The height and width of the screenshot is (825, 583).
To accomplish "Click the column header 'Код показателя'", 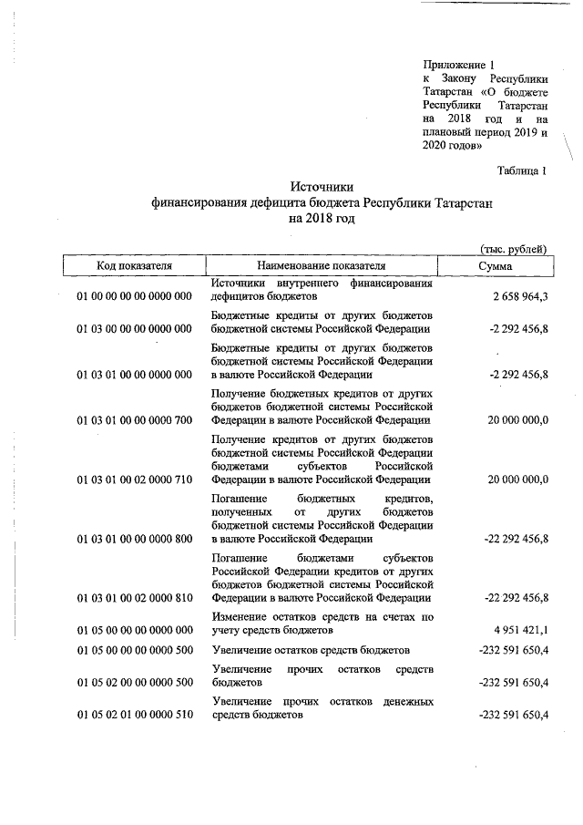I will click(135, 265).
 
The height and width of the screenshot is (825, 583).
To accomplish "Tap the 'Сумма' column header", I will click(495, 265).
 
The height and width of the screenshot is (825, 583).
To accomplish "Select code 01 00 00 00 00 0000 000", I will click(135, 297).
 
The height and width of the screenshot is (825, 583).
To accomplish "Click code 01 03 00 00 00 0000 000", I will click(135, 329).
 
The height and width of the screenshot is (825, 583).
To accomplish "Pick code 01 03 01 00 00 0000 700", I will click(135, 420).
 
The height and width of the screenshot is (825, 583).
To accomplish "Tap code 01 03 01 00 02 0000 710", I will click(135, 480).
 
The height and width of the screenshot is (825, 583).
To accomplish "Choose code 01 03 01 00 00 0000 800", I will click(135, 539).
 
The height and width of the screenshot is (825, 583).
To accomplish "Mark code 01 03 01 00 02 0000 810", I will click(135, 598).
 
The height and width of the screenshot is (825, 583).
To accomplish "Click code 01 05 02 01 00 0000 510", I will click(135, 716).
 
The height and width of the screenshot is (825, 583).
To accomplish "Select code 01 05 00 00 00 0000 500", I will click(135, 650).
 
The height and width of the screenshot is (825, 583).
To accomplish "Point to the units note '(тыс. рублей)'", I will click(514, 248).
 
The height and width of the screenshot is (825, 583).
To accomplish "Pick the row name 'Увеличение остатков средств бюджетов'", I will click(310, 650).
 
